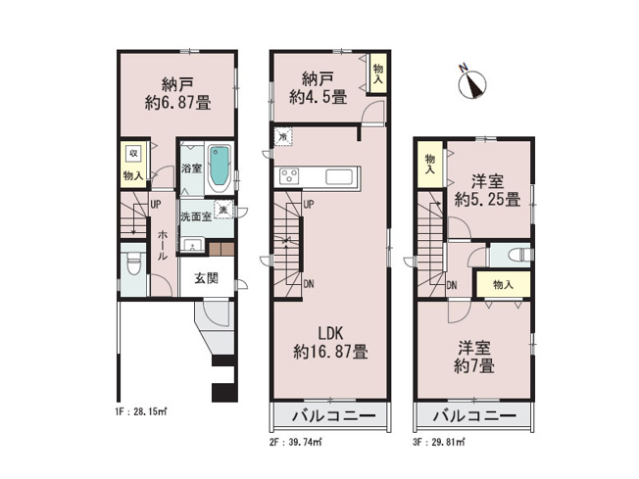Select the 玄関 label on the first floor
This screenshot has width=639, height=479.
click(x=206, y=278)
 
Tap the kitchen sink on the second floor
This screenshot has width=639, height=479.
click(x=342, y=177)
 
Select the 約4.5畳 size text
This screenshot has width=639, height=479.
click(x=317, y=97)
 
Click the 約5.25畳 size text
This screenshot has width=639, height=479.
click(x=487, y=200)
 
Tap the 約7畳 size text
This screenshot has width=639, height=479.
click(x=473, y=365)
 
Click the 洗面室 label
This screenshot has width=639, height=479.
click(x=194, y=216)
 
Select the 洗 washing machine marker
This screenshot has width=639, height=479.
click(x=224, y=212)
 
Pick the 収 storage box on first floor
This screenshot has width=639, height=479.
click(x=132, y=153)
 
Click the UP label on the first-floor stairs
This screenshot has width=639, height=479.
click(x=155, y=204)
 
